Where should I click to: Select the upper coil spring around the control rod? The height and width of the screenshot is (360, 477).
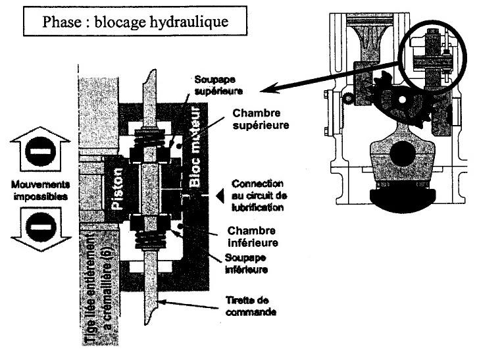(151, 139)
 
